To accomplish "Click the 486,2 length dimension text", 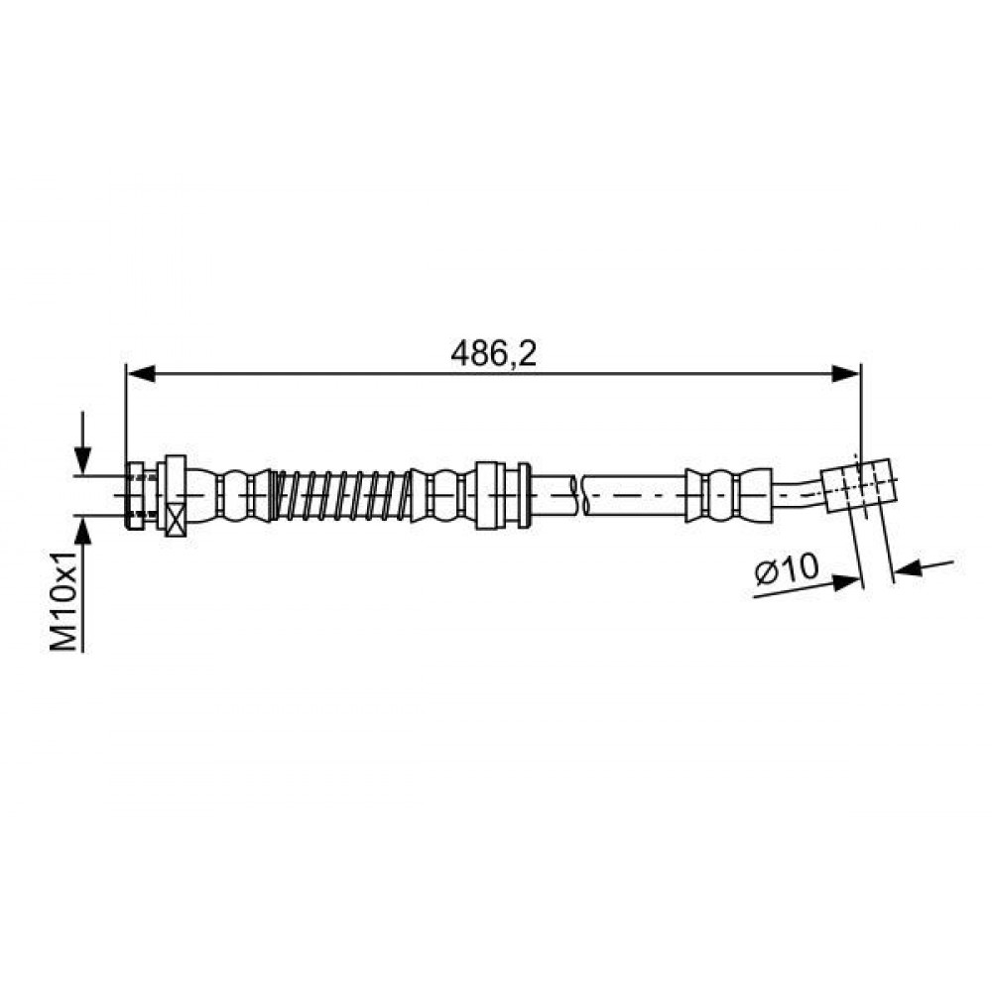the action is [493, 354].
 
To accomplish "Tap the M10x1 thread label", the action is [63, 600].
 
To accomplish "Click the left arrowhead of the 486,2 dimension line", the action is [141, 374].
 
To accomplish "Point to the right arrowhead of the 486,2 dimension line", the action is [846, 374].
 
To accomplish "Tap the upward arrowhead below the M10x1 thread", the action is [83, 530].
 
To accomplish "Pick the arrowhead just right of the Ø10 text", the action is [848, 582].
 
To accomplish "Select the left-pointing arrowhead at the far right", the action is [910, 568].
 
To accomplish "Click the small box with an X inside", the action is [175, 520].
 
